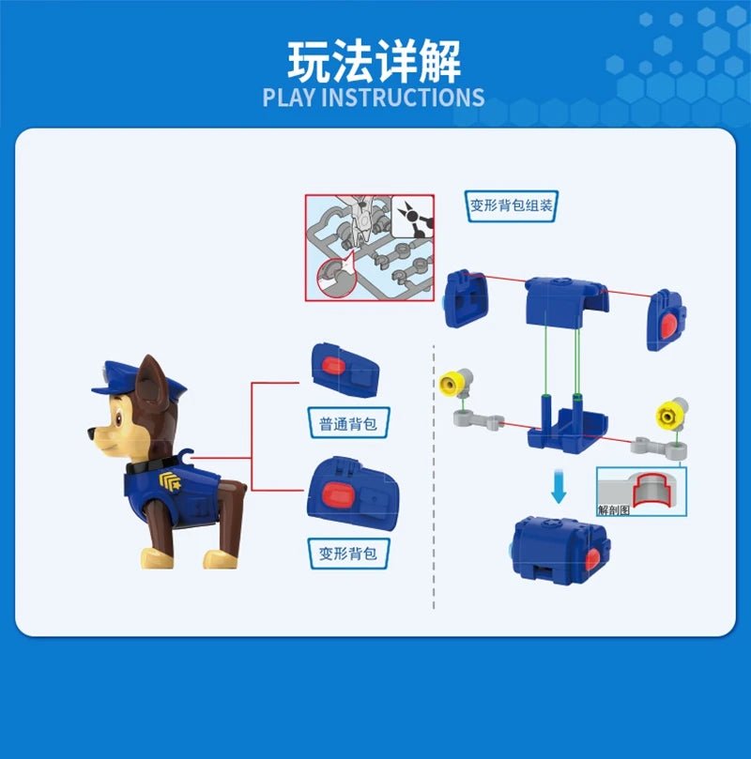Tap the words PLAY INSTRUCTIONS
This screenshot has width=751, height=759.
coord(374,98)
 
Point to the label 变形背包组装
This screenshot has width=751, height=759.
coord(512,206)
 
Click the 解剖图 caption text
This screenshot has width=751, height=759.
coord(616,510)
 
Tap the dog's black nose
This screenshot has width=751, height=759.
coord(91,433)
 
